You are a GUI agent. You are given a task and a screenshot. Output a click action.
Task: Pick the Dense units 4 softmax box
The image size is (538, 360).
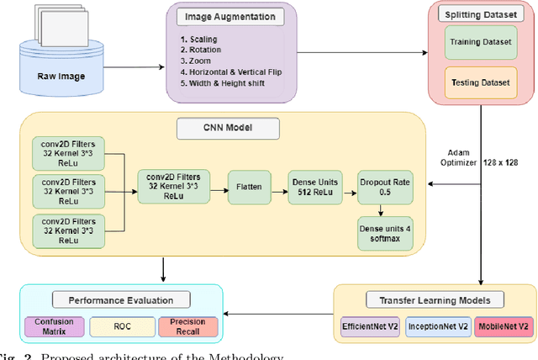(x=382, y=233)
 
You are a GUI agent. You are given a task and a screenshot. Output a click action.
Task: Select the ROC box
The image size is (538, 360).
(x=117, y=326)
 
